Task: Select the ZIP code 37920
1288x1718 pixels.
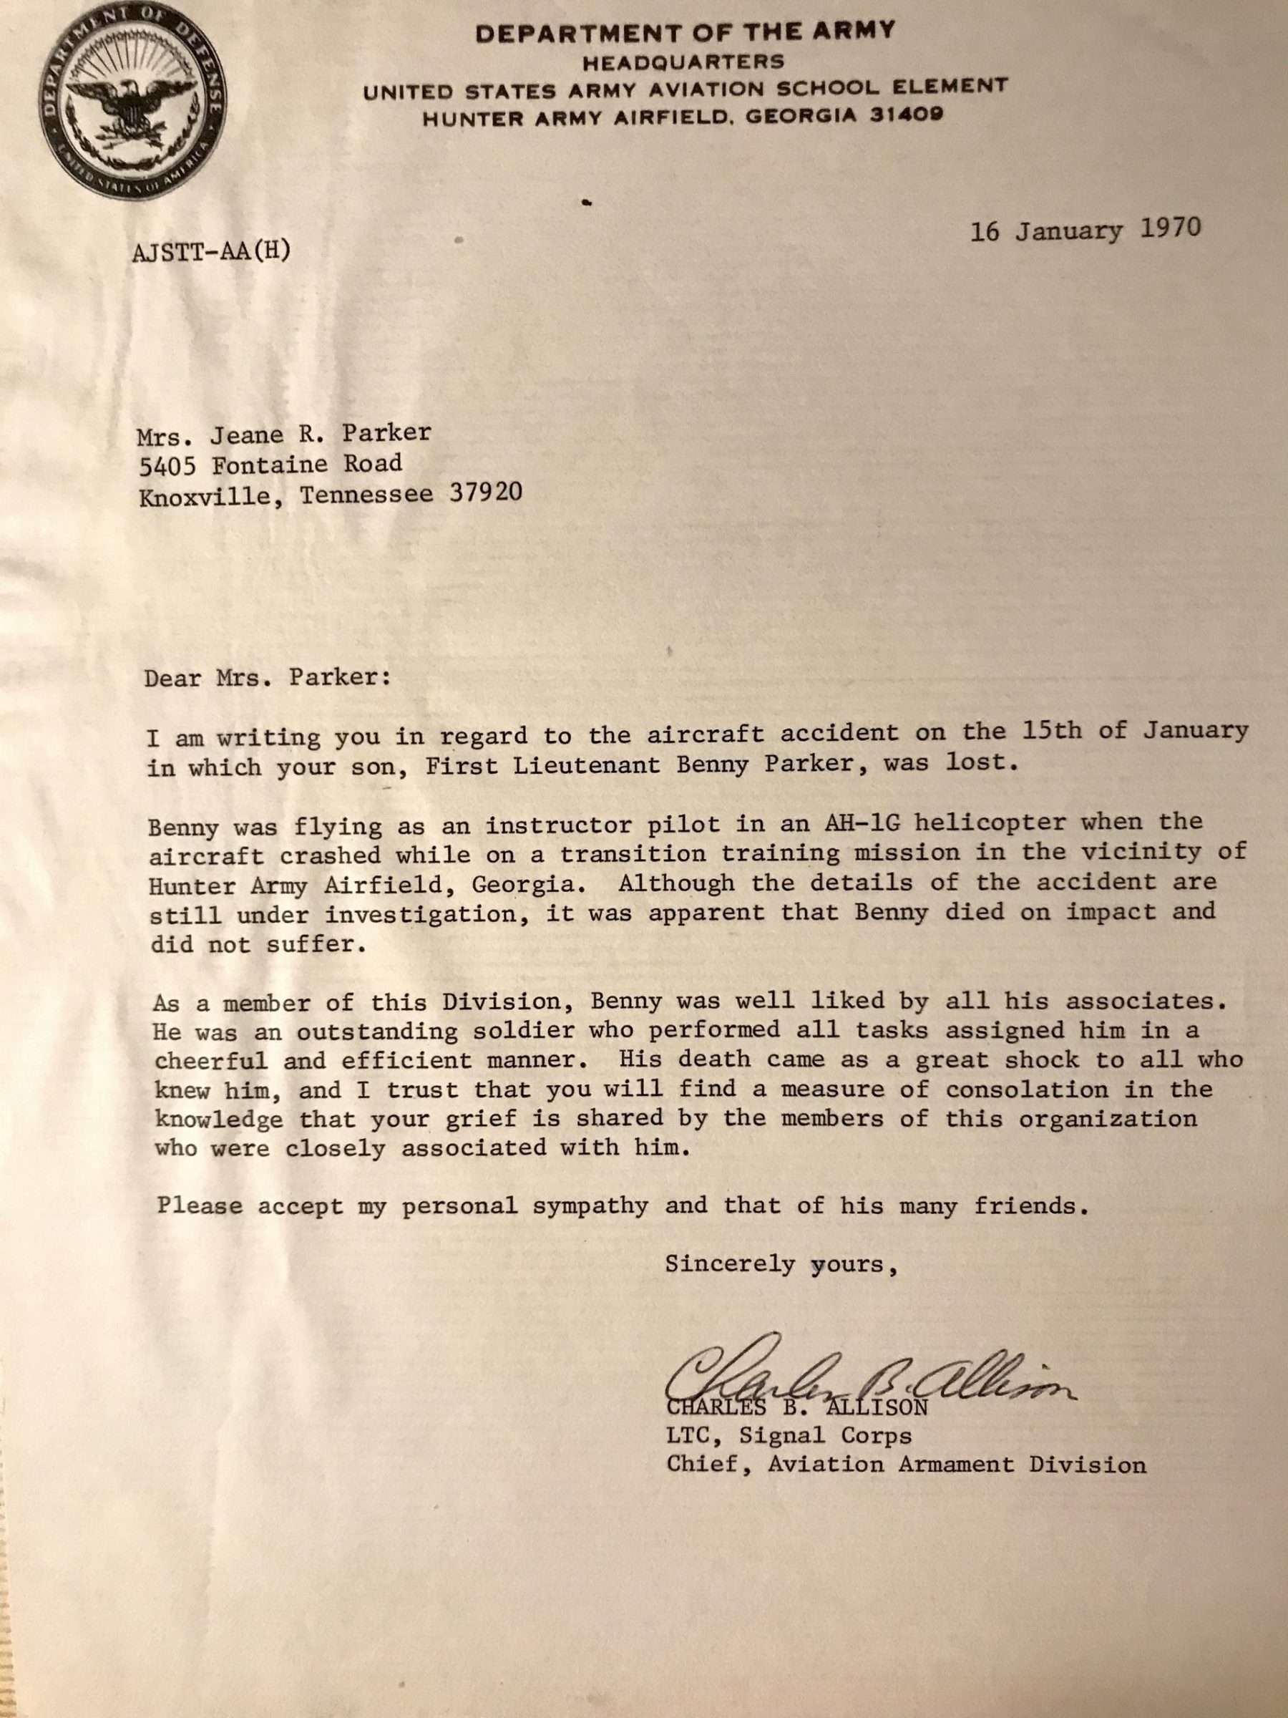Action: (485, 494)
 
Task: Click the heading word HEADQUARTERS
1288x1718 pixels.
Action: (683, 61)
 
